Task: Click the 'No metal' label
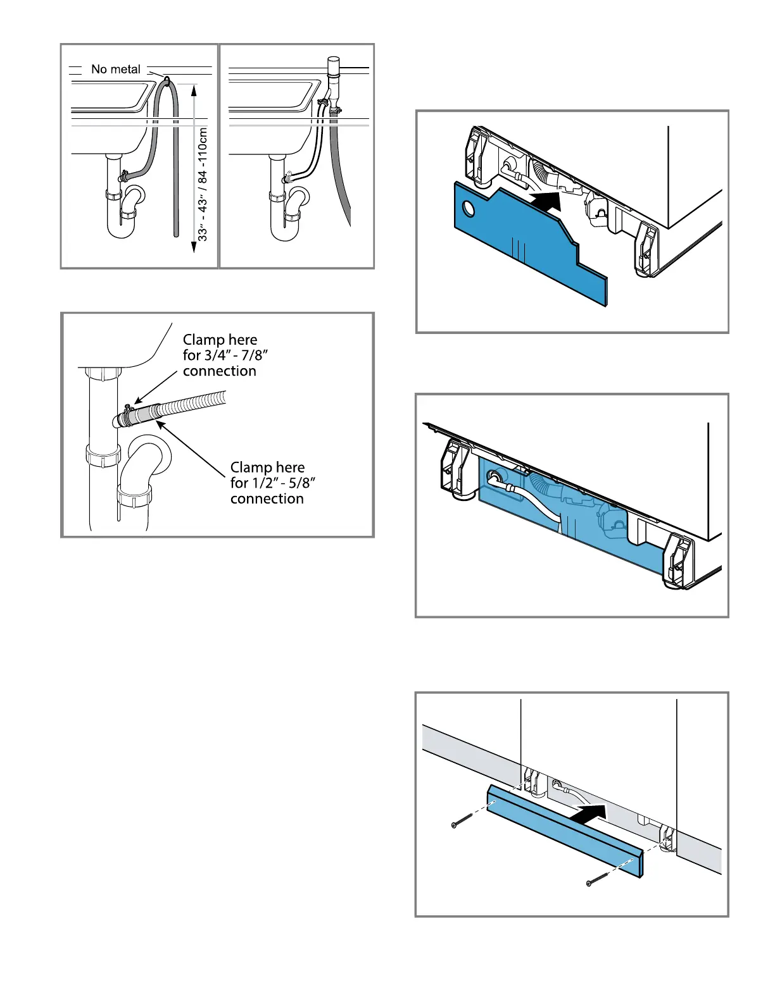coord(116,70)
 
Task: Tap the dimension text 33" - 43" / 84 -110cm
coord(203,184)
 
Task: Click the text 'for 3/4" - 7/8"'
coord(228,356)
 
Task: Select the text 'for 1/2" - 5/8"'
coord(273,483)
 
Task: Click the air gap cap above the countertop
coord(333,63)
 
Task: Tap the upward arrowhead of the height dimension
coord(194,90)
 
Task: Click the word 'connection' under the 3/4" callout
coord(220,371)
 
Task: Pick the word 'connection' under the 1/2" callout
coord(267,499)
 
